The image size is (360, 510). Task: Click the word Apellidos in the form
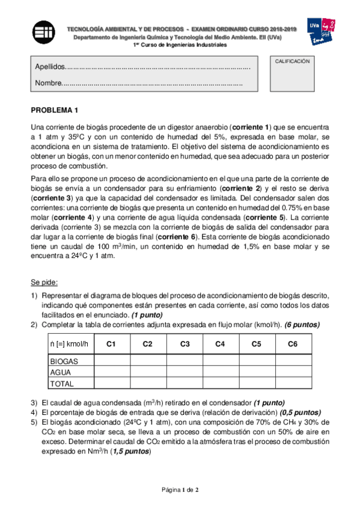49,67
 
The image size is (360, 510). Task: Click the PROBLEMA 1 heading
55,110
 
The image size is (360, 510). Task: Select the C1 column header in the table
111,344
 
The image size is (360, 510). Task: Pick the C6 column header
293,344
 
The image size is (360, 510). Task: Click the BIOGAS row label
64,361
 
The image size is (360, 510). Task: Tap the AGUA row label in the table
61,372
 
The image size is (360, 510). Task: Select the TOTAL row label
62,383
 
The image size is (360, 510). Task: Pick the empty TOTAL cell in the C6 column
293,383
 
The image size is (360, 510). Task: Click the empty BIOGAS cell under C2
147,361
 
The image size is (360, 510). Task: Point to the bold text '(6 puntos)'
302,325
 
